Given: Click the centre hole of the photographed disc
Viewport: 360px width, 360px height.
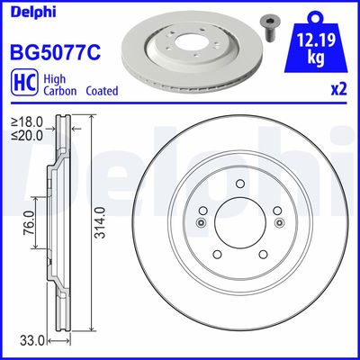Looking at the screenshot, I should (x=189, y=43).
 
